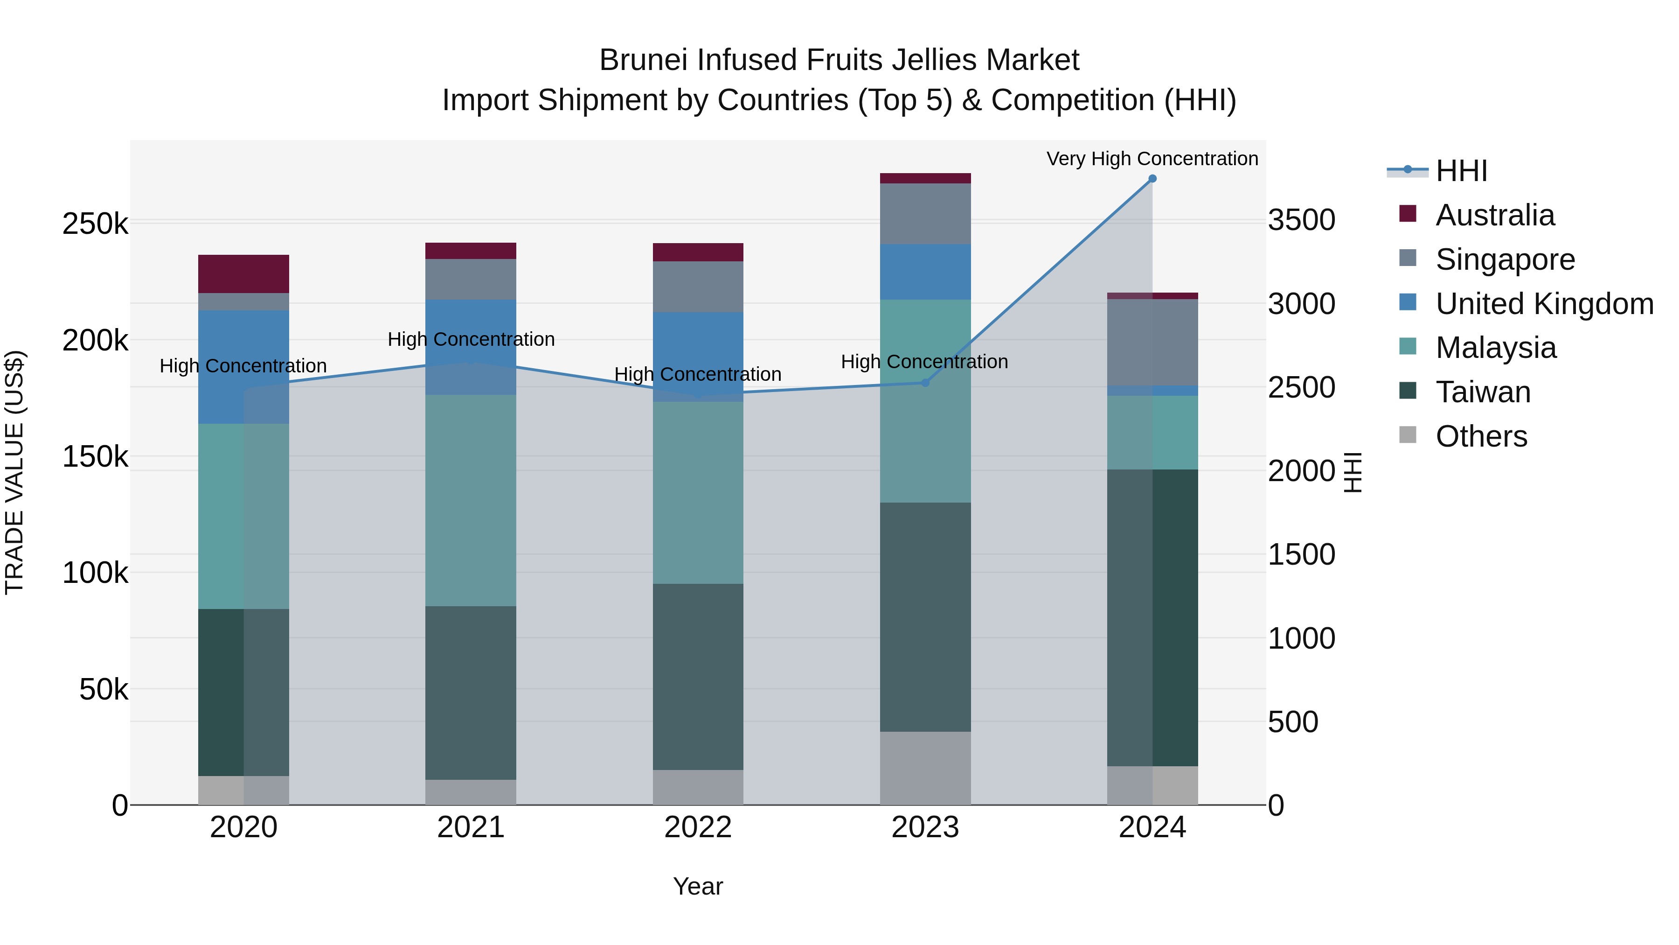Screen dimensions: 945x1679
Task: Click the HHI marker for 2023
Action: (x=925, y=383)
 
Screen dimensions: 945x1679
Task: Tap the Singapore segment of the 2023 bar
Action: (x=925, y=214)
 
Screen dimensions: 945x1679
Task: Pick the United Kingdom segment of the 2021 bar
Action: (x=471, y=347)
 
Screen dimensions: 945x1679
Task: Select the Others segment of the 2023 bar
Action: (x=925, y=768)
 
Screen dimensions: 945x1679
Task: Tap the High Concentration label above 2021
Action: (x=471, y=339)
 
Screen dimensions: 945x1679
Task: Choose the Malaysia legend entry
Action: (x=1495, y=348)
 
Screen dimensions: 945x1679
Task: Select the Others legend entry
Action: (x=1481, y=436)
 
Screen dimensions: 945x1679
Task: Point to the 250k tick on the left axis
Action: (x=95, y=224)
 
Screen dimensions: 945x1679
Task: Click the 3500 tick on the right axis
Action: (x=1301, y=220)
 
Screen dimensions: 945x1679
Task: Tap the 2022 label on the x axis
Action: (x=698, y=827)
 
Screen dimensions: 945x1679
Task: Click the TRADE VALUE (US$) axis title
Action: (x=14, y=472)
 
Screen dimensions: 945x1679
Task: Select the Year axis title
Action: (x=698, y=886)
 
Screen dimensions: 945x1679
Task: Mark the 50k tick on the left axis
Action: (x=103, y=689)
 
